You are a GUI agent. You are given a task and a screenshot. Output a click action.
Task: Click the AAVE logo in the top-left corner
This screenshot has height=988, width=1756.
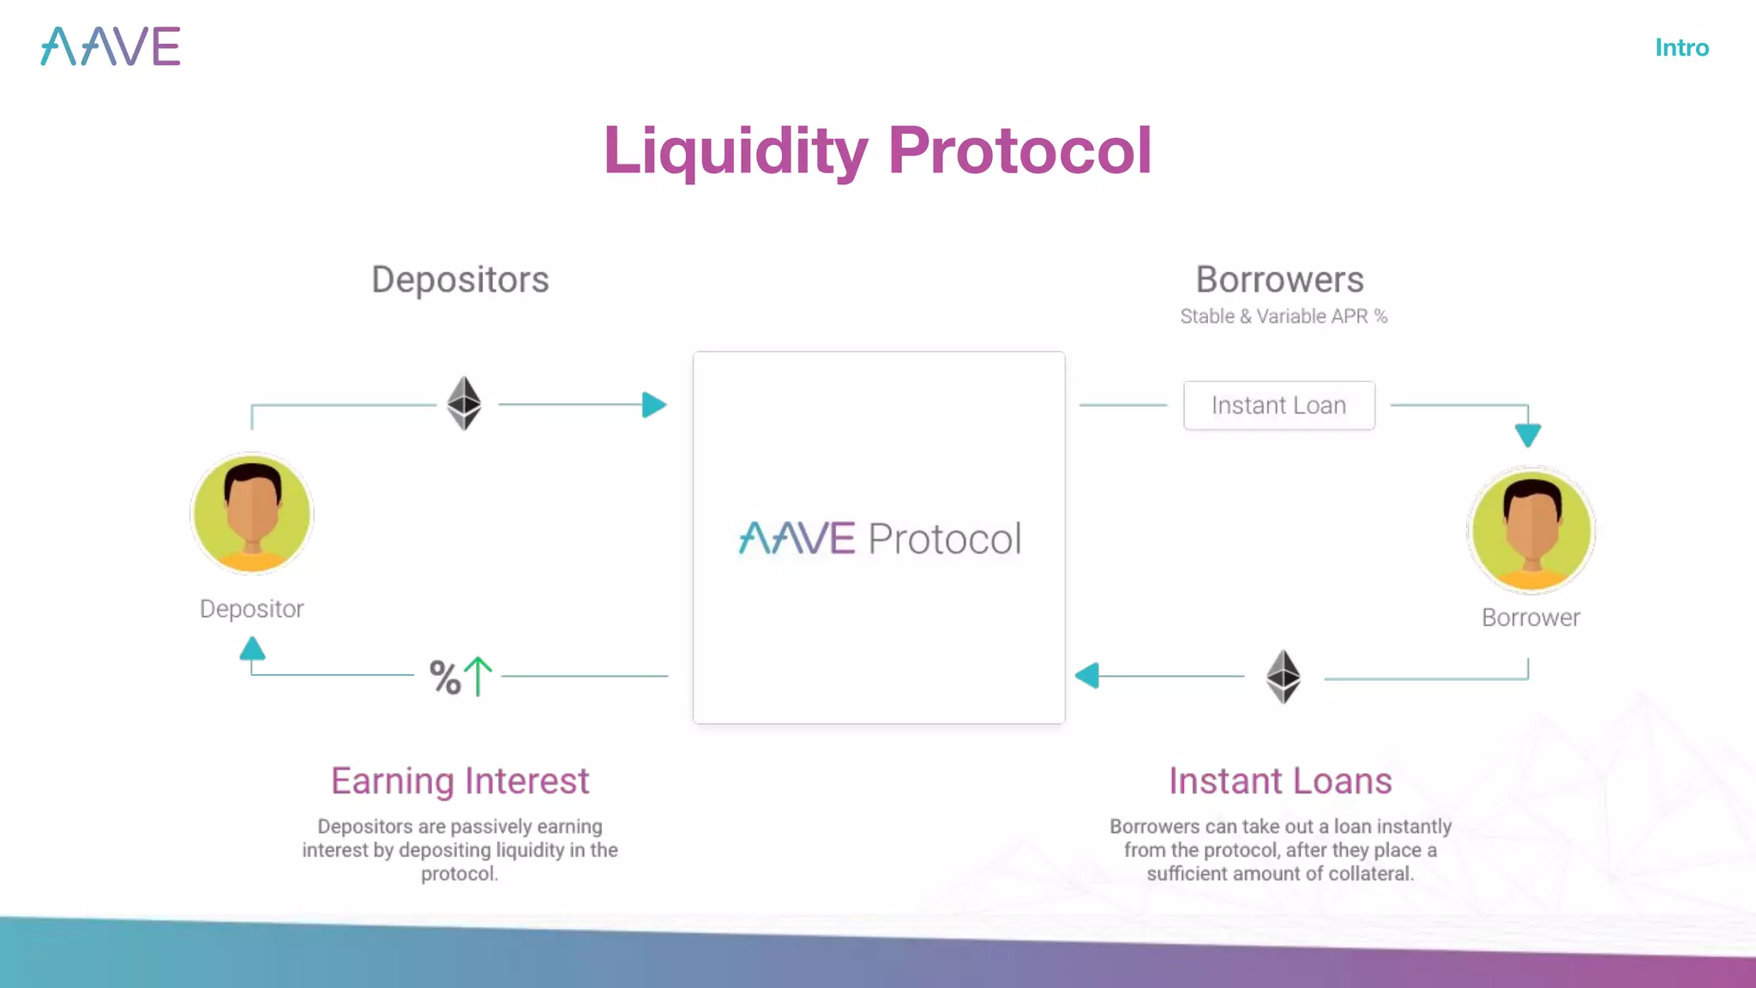tap(111, 46)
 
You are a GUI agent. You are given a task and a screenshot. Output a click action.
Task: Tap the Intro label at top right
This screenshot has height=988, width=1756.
tap(1681, 48)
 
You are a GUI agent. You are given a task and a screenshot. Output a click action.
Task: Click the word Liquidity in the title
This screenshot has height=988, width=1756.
tap(736, 151)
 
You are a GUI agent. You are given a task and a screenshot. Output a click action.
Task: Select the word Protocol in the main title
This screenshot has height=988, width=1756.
tap(1019, 151)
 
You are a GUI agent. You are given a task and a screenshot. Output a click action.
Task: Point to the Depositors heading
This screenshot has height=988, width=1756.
tap(460, 280)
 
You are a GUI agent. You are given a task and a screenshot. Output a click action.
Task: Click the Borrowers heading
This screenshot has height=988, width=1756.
tap(1279, 280)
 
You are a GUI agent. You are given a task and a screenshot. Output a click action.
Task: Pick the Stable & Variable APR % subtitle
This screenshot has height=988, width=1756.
tap(1283, 316)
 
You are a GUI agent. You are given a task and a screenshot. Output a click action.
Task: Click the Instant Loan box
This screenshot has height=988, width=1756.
tap(1278, 406)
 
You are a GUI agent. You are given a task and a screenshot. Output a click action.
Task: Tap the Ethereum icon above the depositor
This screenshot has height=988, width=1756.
tap(464, 403)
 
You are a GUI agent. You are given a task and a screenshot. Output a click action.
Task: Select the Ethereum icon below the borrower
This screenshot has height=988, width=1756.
tap(1283, 677)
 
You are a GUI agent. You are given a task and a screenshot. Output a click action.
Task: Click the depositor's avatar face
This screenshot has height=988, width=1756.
tap(252, 513)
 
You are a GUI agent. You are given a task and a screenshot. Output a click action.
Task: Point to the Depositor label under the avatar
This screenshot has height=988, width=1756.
tap(251, 609)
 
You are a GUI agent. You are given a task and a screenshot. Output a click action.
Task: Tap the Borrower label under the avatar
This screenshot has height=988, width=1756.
tap(1530, 617)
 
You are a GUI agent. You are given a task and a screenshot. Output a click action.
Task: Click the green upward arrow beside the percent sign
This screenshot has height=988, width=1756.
tap(478, 676)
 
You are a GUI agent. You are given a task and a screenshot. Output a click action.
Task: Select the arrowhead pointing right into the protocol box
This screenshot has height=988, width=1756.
tap(653, 405)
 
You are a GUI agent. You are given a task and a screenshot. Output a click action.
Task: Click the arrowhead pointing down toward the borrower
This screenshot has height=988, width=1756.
tap(1527, 435)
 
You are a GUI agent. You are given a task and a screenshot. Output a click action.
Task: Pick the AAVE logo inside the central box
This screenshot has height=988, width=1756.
tap(797, 539)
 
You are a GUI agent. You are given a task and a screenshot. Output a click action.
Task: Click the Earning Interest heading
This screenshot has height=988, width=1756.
tap(460, 781)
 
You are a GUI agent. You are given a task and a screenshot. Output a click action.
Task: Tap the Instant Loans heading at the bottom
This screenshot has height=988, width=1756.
tap(1279, 781)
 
